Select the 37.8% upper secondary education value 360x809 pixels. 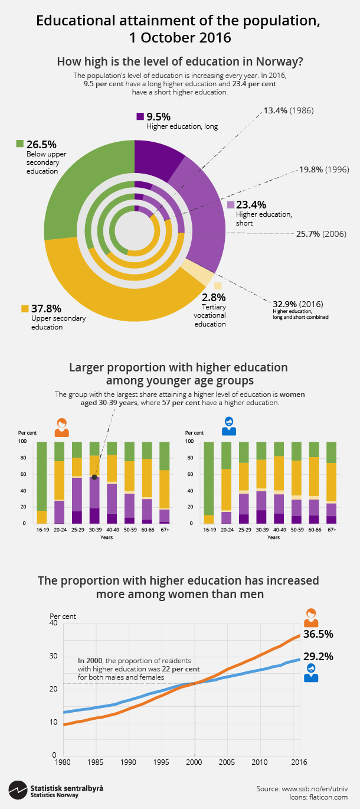click(45, 308)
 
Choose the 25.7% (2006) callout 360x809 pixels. click(321, 234)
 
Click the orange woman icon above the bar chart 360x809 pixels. click(61, 427)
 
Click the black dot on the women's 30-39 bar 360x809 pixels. click(94, 477)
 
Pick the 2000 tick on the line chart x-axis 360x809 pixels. click(194, 762)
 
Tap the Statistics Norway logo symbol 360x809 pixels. click(17, 789)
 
